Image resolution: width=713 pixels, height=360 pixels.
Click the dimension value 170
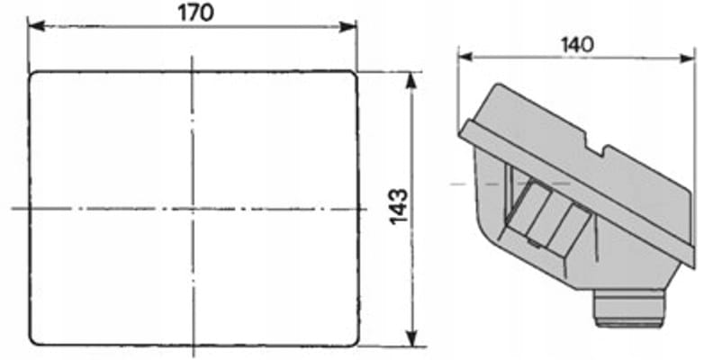[195, 13]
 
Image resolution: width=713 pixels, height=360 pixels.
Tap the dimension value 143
[399, 207]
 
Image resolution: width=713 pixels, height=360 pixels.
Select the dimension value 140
[577, 45]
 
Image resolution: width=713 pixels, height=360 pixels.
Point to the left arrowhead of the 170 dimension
[36, 26]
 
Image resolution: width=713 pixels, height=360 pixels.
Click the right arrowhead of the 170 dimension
[347, 26]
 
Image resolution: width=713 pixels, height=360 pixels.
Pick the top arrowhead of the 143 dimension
[411, 81]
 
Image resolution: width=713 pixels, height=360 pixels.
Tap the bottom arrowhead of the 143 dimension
[412, 337]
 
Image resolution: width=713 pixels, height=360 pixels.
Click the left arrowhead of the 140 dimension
[466, 57]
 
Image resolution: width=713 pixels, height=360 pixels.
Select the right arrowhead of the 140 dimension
[687, 58]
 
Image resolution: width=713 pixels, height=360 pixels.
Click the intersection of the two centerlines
[193, 209]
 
